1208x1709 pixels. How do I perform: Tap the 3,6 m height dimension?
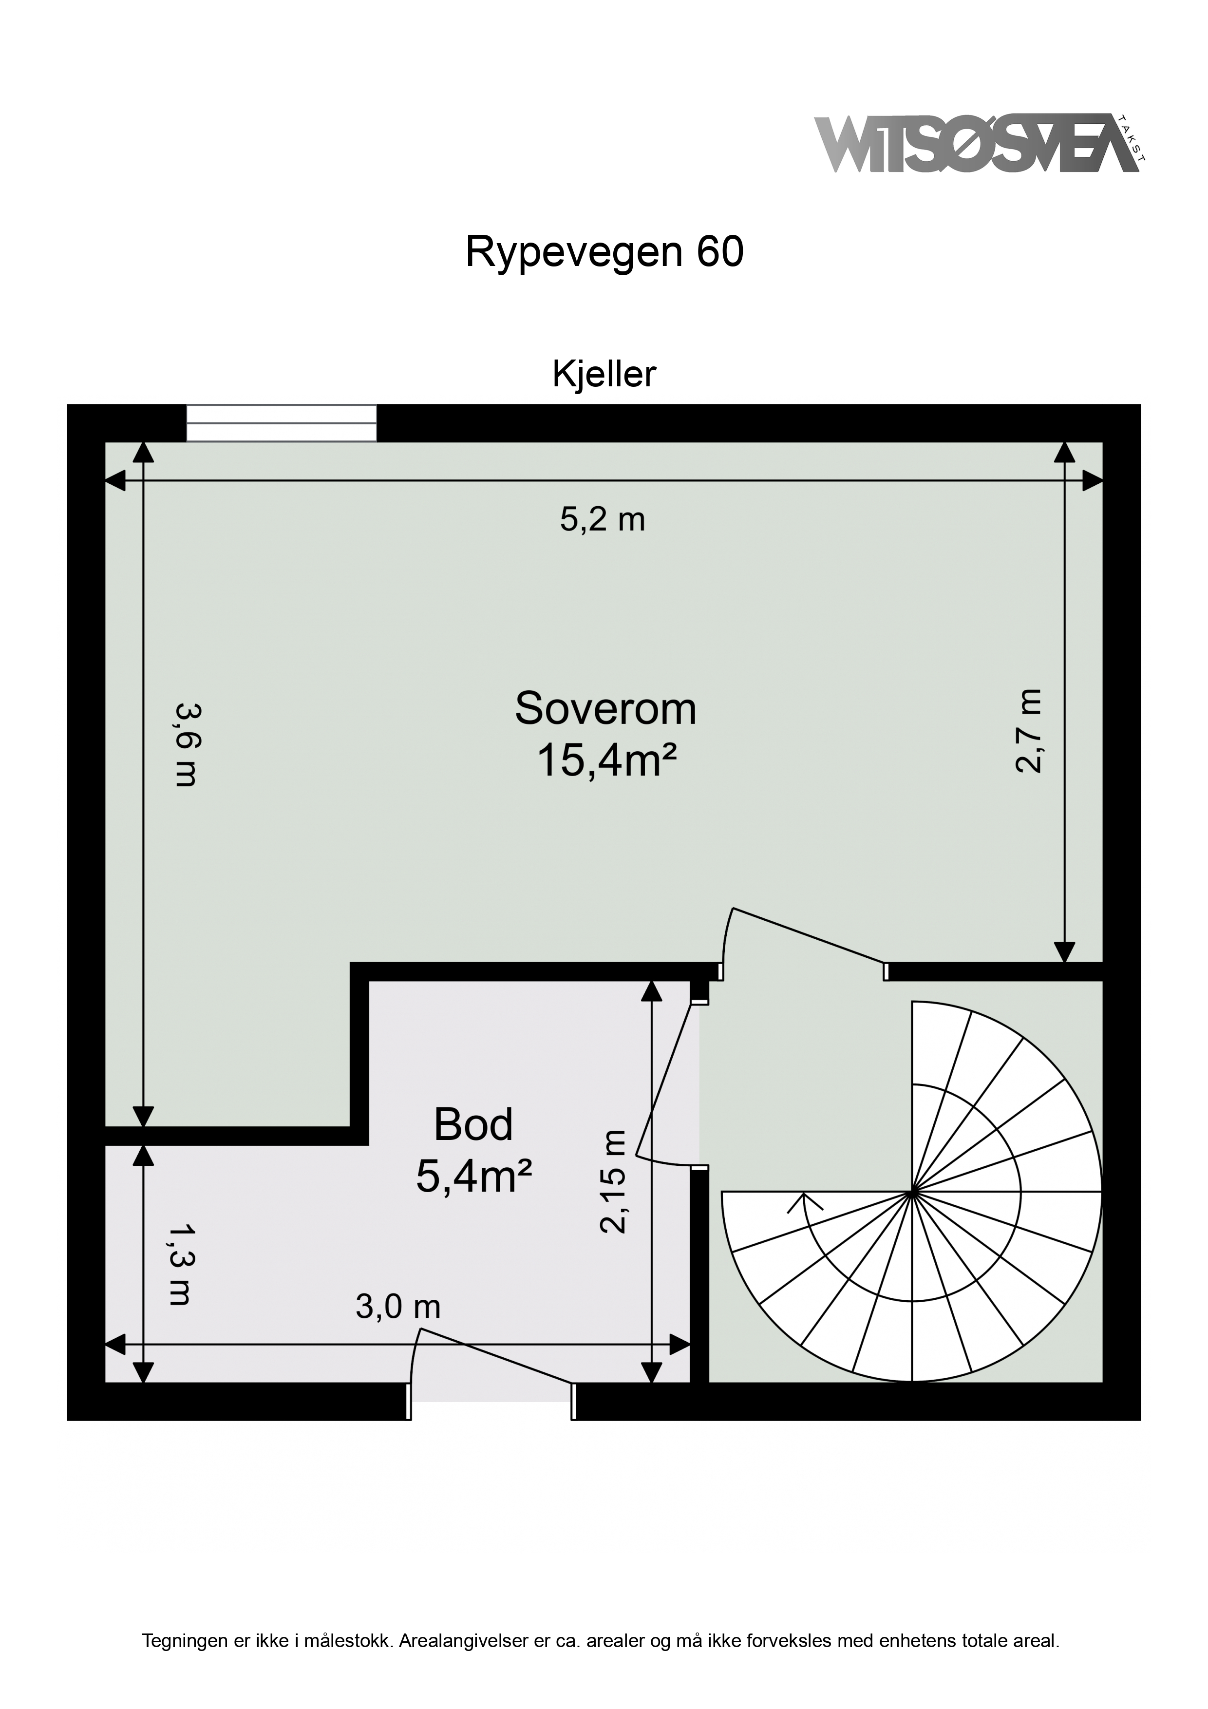click(x=185, y=744)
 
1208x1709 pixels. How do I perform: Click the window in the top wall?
click(x=282, y=423)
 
